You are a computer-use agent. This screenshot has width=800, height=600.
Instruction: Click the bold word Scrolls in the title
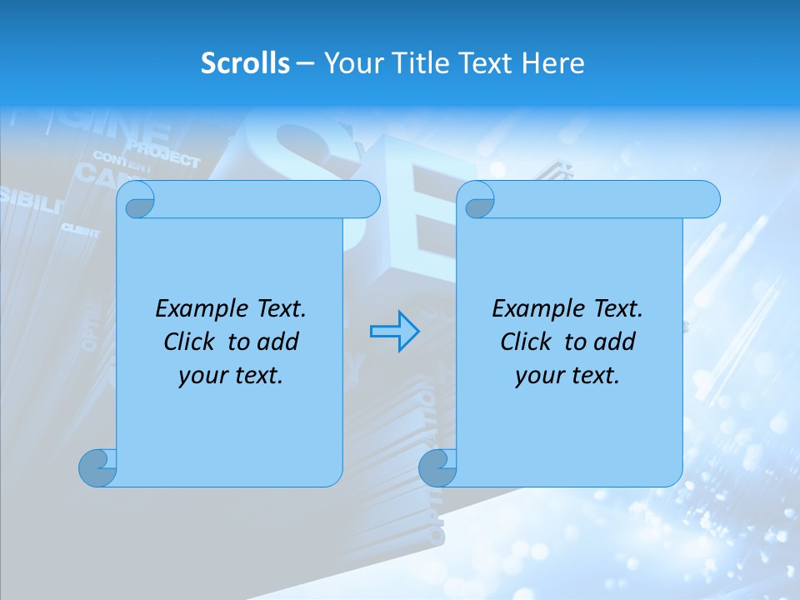[245, 63]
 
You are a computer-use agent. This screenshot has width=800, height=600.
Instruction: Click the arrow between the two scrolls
[394, 332]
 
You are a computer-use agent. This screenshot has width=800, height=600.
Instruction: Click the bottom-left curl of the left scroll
[97, 467]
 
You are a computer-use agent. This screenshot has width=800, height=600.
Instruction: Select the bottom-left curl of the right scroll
[437, 467]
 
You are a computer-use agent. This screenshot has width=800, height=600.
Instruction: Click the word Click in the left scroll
[191, 342]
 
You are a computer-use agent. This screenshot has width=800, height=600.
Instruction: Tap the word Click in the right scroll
[526, 342]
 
